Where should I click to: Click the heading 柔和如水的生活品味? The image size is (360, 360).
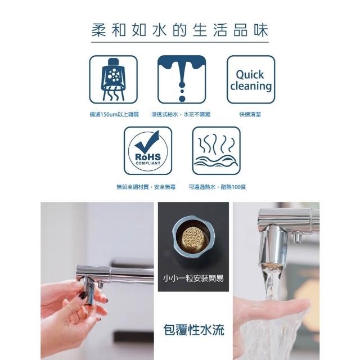180,30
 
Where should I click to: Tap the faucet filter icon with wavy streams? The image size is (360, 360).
114,79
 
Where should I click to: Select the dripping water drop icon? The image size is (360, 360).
182,79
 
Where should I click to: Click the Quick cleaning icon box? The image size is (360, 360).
251,79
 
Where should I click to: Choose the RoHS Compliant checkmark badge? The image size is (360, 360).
148,151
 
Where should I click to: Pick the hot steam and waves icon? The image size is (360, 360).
216,151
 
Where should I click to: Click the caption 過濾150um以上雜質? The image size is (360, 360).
114,114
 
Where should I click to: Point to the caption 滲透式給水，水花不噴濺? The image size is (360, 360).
181,114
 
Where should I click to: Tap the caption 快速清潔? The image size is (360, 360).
250,114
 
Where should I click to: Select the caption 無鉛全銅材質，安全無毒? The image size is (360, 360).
146,187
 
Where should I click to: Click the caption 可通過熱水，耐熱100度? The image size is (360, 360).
217,187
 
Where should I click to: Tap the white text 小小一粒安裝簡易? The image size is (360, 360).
193,278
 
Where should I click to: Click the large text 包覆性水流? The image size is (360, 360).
193,330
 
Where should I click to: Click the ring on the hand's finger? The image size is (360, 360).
71,309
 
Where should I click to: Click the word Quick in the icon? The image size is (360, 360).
250,75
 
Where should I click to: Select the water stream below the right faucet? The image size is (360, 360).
272,282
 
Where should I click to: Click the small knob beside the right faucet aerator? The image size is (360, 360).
296,237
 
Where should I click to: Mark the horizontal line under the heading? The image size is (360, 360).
180,42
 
